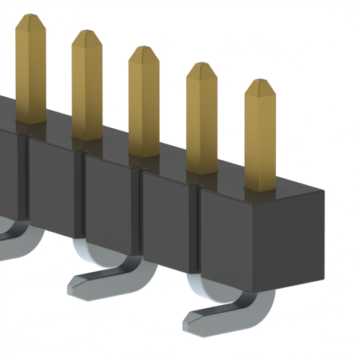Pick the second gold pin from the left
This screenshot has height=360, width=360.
click(x=87, y=87)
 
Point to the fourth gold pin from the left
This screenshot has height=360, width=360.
click(x=201, y=121)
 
